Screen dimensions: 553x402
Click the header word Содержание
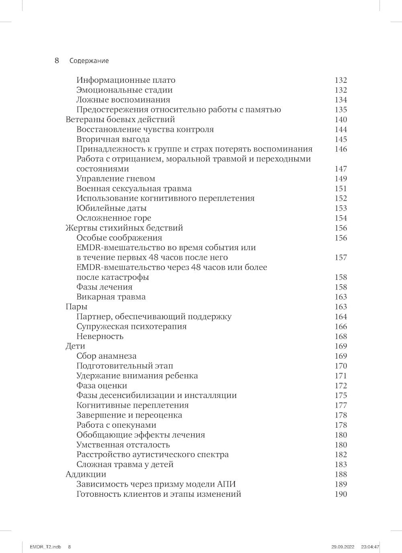click(89, 61)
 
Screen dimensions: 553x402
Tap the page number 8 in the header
click(57, 61)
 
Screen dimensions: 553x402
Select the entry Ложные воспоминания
click(123, 100)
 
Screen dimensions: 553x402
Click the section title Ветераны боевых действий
click(120, 120)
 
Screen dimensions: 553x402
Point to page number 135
click(340, 110)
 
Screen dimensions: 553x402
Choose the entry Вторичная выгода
click(113, 139)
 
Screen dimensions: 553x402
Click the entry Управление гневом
click(116, 179)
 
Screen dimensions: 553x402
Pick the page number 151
click(340, 189)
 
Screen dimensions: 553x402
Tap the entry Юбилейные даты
click(111, 208)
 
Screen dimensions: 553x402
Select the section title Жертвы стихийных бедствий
click(124, 228)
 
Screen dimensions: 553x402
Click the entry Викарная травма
click(111, 297)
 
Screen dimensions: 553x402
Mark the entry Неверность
click(100, 337)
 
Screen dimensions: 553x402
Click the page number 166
click(340, 326)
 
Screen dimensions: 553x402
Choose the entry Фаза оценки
click(102, 386)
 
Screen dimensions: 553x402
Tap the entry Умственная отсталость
click(123, 445)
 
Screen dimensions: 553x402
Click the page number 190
click(340, 494)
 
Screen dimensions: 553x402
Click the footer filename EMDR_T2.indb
click(45, 547)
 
